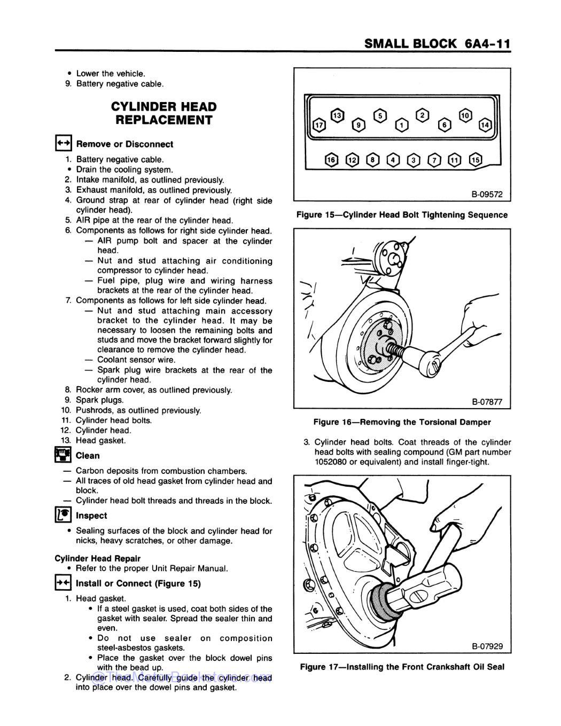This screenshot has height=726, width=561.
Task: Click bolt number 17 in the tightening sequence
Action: coord(318,125)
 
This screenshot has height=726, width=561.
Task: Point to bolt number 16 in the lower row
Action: coord(331,160)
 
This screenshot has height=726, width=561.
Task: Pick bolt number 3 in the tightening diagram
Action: coord(412,160)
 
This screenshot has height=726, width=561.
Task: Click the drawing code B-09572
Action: coord(487,194)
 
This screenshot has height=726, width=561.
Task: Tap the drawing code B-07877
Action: coord(487,402)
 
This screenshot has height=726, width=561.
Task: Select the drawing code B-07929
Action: coord(487,646)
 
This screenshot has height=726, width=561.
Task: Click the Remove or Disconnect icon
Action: coord(63,143)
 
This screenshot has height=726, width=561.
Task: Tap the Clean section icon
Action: coord(63,455)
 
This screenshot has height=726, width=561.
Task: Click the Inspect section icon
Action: coord(63,515)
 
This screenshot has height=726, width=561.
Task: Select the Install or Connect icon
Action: coord(63,583)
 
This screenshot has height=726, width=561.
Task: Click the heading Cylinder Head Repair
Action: coord(98,558)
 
